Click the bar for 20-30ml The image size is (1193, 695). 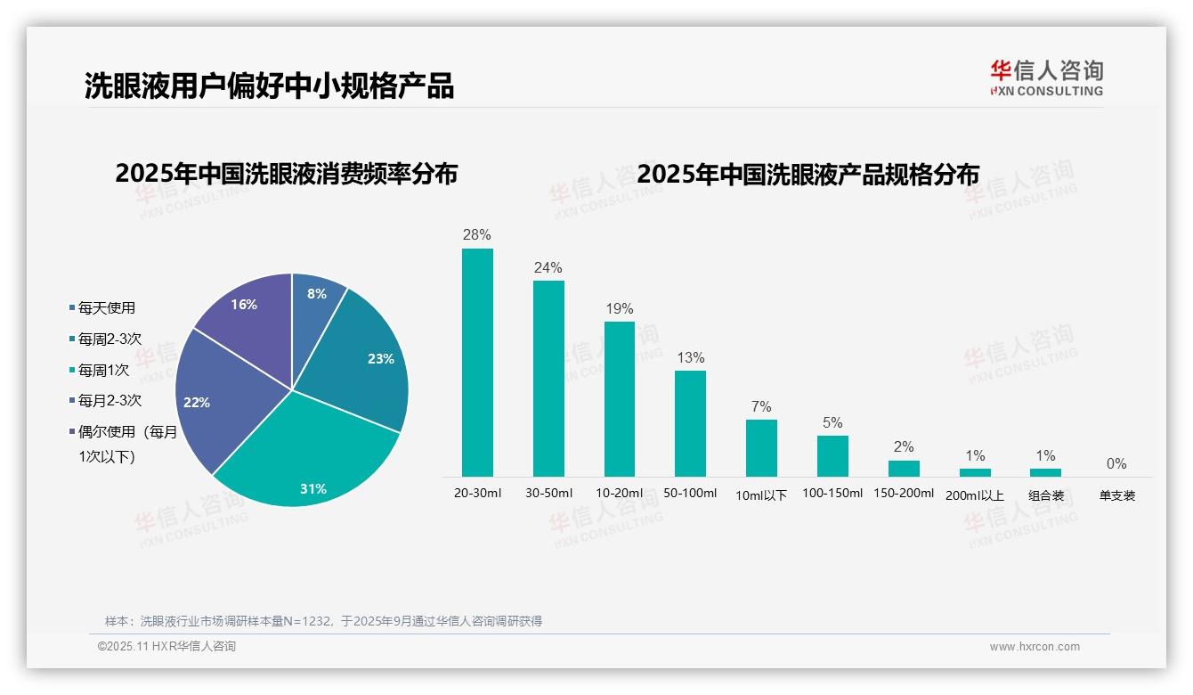477,363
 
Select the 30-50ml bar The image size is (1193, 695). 548,379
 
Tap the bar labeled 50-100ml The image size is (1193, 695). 690,423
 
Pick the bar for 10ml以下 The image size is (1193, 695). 761,448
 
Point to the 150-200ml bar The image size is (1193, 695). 904,469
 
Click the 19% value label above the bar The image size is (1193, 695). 619,309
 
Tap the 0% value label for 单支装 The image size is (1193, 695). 1116,463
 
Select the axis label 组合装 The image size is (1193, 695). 1046,495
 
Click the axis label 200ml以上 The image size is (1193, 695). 975,495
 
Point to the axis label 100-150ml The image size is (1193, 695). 832,493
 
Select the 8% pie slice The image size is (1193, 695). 316,298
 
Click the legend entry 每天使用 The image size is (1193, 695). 106,308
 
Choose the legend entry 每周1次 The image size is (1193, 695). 103,370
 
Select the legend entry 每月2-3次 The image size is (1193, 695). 110,401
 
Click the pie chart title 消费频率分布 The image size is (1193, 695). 286,174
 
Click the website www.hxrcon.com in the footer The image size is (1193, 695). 1035,647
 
